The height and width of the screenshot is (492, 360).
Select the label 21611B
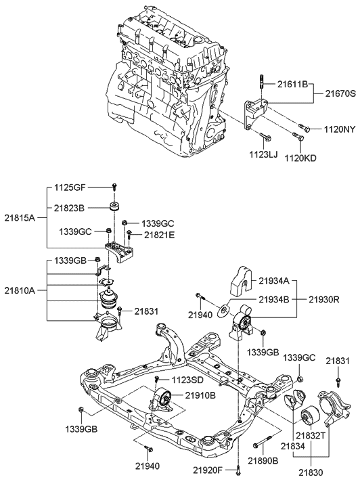click(292, 84)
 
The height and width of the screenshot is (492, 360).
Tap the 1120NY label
click(340, 129)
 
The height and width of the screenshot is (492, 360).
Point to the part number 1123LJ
click(264, 154)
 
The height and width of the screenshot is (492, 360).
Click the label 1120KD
click(300, 158)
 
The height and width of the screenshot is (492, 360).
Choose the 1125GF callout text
click(70, 188)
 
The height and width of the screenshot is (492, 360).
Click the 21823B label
click(69, 208)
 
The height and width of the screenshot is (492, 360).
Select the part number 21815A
click(20, 218)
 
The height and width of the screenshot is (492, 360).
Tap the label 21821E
click(159, 234)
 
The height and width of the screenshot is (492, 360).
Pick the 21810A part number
click(20, 290)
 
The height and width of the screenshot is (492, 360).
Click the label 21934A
click(273, 281)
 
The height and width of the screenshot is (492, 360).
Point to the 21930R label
click(324, 299)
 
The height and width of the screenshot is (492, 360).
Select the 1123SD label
click(187, 380)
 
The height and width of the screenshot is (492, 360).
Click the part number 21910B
click(200, 396)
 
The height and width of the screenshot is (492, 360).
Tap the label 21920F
click(208, 470)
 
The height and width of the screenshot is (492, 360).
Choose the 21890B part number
click(263, 460)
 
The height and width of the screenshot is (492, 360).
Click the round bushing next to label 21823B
click(114, 207)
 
